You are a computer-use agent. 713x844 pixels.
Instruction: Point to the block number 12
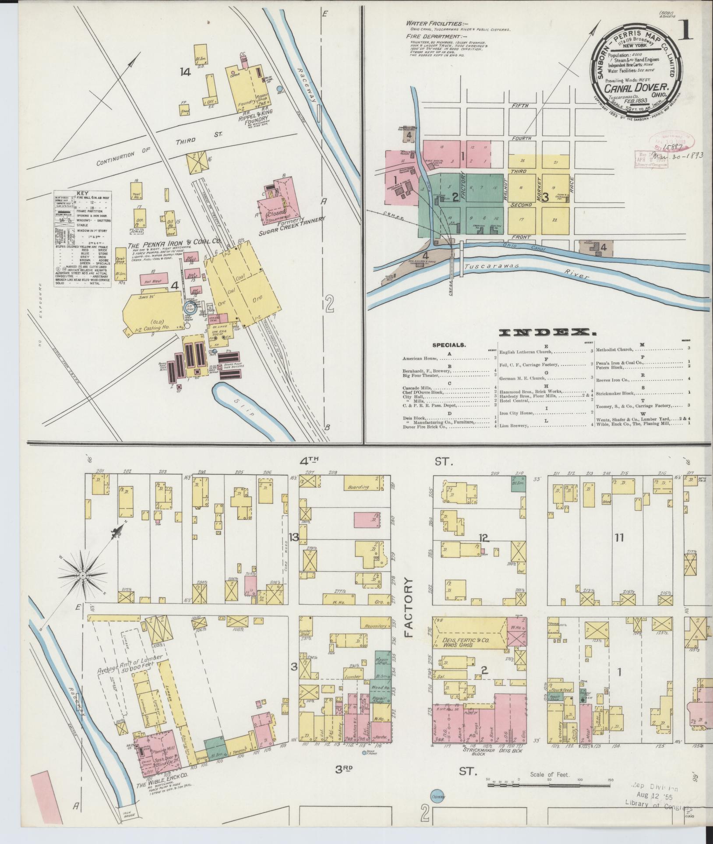pyautogui.click(x=484, y=537)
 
